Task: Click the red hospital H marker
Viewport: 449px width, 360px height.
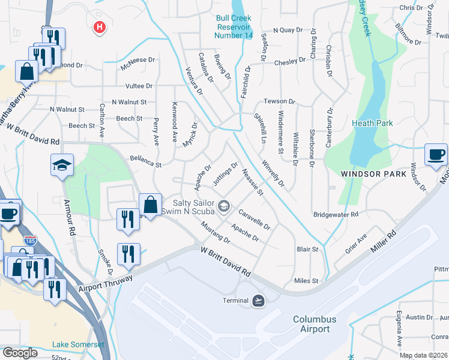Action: pos(100,27)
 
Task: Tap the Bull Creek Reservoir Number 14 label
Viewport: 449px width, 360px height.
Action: pos(242,27)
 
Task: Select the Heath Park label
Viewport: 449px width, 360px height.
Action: pos(372,123)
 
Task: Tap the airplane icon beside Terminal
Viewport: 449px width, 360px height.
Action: pos(258,300)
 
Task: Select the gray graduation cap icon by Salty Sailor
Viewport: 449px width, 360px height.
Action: pos(223,207)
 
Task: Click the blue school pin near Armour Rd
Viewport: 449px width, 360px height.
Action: pos(62,165)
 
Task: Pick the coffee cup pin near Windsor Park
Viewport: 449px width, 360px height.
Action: pos(436,154)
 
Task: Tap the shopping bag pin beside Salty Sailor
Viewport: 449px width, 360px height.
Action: pos(149,204)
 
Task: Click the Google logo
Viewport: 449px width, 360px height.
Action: pos(20,353)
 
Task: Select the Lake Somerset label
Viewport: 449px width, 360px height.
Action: pos(78,344)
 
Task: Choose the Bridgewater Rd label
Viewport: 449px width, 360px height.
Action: pos(336,214)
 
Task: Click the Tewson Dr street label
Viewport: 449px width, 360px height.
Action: pos(280,102)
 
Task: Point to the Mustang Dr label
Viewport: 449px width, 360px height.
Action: pos(215,232)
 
